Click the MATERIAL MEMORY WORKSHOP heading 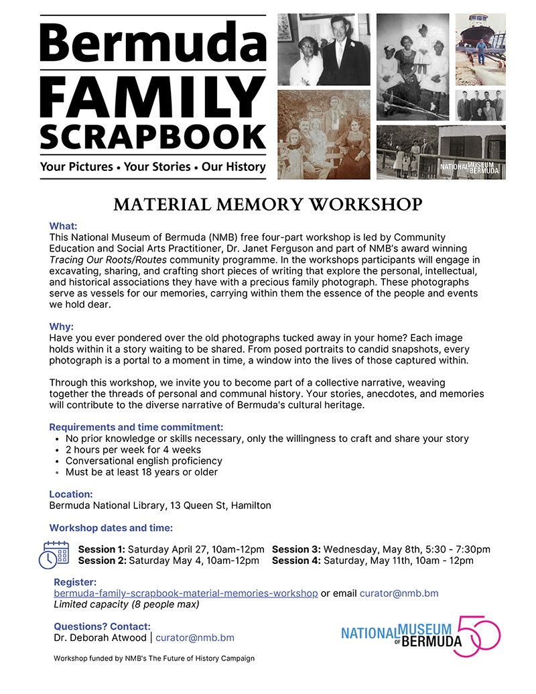click(268, 203)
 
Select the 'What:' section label click(64, 226)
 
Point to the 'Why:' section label click(62, 327)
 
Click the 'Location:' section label click(71, 494)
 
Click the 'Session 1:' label click(102, 549)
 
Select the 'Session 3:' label click(296, 549)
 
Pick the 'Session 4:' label click(296, 561)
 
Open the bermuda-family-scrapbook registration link click(186, 593)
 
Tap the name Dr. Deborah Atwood click(98, 638)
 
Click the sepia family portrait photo click(324, 135)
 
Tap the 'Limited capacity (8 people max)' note click(127, 604)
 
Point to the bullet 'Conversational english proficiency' click(144, 461)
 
